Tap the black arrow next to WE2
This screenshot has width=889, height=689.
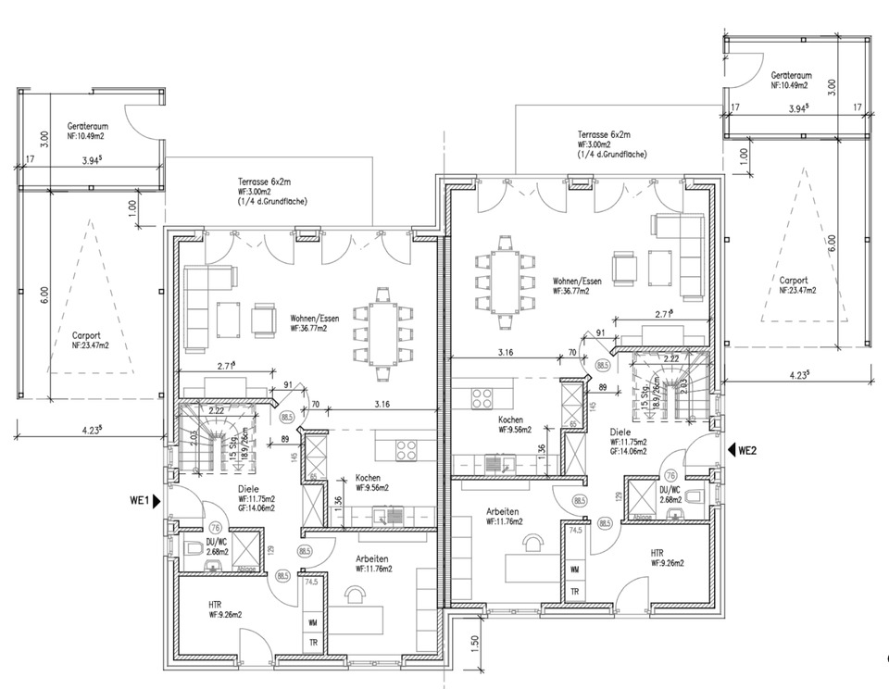[730, 451]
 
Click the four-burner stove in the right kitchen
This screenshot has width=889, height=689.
[483, 398]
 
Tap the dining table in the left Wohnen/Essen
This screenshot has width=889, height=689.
[382, 334]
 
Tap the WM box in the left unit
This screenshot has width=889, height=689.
[312, 620]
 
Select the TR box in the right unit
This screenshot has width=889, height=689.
[575, 592]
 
